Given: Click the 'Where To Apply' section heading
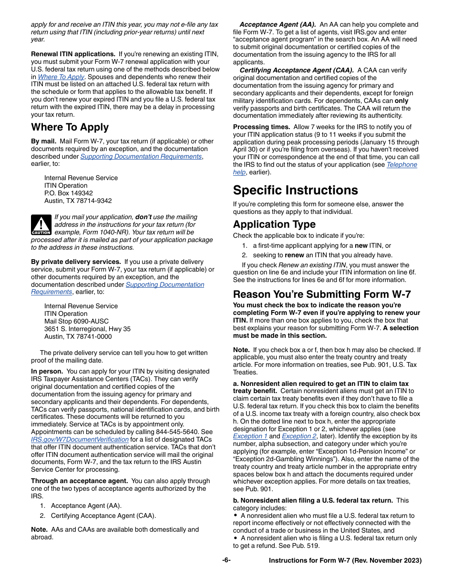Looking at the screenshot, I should (70, 127).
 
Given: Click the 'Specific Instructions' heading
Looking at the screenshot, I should (295, 190).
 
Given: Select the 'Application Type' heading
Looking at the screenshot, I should (274, 224).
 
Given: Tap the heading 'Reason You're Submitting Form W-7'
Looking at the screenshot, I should (322, 294).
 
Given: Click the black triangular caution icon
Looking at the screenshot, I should (41, 224).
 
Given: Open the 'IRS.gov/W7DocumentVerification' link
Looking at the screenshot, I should (80, 439).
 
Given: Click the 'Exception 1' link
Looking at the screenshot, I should (250, 436).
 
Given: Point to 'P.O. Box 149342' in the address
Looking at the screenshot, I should (69, 193).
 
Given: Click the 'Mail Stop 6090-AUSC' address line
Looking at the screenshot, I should (76, 321).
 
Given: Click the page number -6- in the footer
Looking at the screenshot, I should (226, 560).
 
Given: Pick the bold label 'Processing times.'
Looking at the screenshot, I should (261, 127).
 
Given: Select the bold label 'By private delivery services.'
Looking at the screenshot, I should (76, 262).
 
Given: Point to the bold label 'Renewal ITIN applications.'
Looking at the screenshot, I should (73, 54).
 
